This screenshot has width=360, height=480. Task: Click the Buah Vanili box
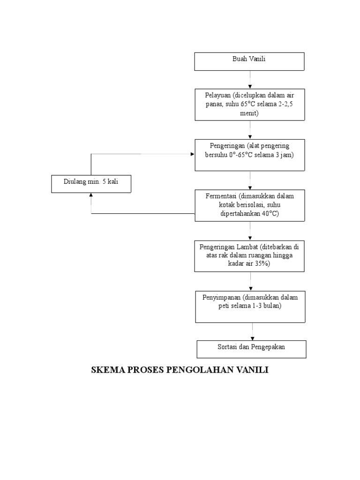pyautogui.click(x=249, y=61)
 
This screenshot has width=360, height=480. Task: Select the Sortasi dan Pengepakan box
pyautogui.click(x=251, y=349)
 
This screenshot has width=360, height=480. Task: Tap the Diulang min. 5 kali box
pyautogui.click(x=91, y=183)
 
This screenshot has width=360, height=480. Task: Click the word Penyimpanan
pyautogui.click(x=221, y=297)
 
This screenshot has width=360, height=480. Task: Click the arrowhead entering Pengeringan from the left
pyautogui.click(x=192, y=154)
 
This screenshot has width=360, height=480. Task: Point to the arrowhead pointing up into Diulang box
pyautogui.click(x=91, y=195)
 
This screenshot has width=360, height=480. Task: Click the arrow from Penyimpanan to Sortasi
pyautogui.click(x=253, y=331)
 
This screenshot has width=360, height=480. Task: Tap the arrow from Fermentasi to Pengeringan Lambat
pyautogui.click(x=250, y=231)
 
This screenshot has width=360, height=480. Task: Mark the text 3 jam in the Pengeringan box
pyautogui.click(x=283, y=155)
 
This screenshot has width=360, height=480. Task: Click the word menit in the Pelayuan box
pyautogui.click(x=250, y=113)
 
